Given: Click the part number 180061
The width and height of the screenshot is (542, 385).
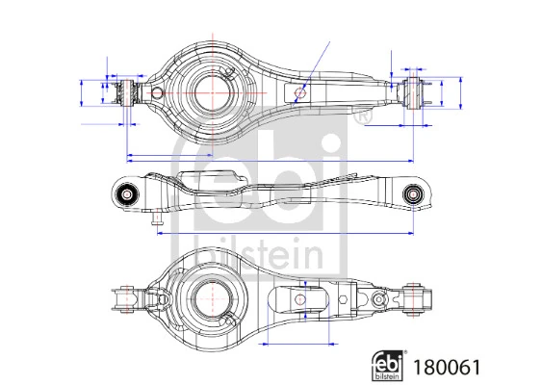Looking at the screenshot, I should tap(447, 367).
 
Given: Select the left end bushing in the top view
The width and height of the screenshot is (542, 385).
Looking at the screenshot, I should tap(124, 94).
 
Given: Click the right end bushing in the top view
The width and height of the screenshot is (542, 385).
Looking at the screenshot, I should tap(416, 94).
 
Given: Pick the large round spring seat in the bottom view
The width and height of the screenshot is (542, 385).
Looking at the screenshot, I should tap(211, 296).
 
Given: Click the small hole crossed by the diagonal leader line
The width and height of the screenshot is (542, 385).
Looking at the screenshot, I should tap(301, 93).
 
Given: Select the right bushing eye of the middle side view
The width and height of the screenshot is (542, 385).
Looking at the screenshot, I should tap(414, 193).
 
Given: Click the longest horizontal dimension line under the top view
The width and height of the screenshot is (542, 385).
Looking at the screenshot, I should tap(270, 159).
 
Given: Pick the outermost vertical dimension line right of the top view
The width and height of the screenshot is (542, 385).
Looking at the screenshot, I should tap(462, 94).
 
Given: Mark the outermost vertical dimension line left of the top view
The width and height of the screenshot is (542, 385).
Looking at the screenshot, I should tap(77, 94).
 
